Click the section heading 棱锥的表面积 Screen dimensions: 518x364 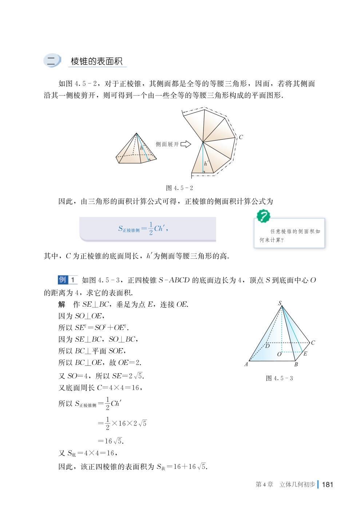pyautogui.click(x=96, y=61)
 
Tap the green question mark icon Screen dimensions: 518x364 pyautogui.click(x=263, y=216)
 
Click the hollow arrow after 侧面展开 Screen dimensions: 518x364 pyautogui.click(x=186, y=144)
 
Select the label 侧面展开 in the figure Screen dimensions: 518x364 pyautogui.click(x=167, y=144)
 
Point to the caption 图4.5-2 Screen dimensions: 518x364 pyautogui.click(x=179, y=188)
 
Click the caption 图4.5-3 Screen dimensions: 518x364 pyautogui.click(x=279, y=378)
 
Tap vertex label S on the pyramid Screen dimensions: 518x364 pyautogui.click(x=280, y=303)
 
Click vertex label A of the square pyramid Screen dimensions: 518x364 pyautogui.click(x=246, y=364)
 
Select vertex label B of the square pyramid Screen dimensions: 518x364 pyautogui.click(x=296, y=365)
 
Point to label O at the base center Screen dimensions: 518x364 pyautogui.click(x=279, y=354)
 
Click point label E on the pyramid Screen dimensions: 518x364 pyautogui.click(x=305, y=354)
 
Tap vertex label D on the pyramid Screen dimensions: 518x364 pyautogui.click(x=267, y=346)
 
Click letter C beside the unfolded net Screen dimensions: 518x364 pyautogui.click(x=241, y=137)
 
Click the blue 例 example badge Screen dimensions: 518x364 pyautogui.click(x=63, y=280)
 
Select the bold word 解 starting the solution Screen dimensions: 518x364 pyautogui.click(x=62, y=305)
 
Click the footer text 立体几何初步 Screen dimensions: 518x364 pyautogui.click(x=297, y=484)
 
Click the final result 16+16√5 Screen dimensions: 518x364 pyautogui.click(x=189, y=466)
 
